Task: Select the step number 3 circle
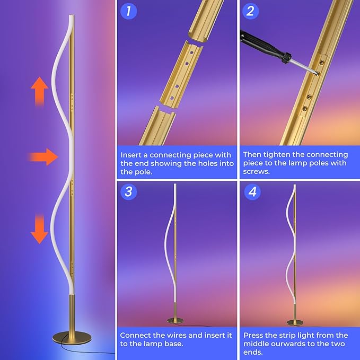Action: pos(128,191)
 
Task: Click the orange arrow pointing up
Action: pos(39,91)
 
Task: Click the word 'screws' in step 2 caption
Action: pos(257,172)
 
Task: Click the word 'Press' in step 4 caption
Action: pos(254,335)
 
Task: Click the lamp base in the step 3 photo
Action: pos(175,321)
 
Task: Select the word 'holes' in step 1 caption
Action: pos(206,163)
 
